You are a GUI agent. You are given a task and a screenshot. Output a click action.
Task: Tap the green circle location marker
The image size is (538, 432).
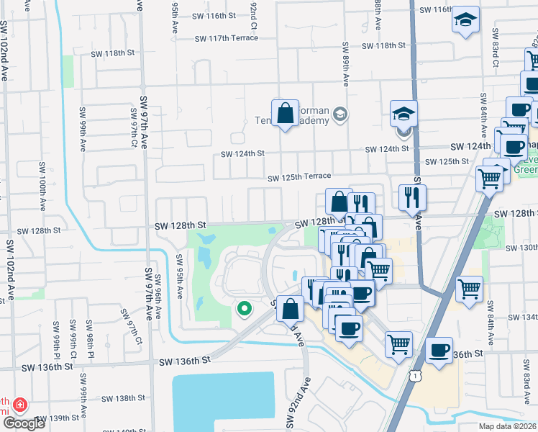click(244, 309)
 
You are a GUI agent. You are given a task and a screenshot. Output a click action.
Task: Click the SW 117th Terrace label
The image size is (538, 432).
click(226, 37)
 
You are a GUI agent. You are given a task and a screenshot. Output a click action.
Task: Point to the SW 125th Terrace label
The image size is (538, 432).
click(299, 177)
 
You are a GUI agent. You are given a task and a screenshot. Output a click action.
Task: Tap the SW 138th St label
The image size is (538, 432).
click(123, 398)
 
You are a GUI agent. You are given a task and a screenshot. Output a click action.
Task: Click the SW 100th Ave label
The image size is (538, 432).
click(42, 195)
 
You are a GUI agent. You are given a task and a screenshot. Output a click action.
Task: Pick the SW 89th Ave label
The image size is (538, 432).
click(345, 64)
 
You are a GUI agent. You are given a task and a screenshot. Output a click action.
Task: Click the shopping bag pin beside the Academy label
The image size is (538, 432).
click(286, 113)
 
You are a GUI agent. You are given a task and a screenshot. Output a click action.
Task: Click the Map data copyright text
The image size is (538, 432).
click(506, 426)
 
